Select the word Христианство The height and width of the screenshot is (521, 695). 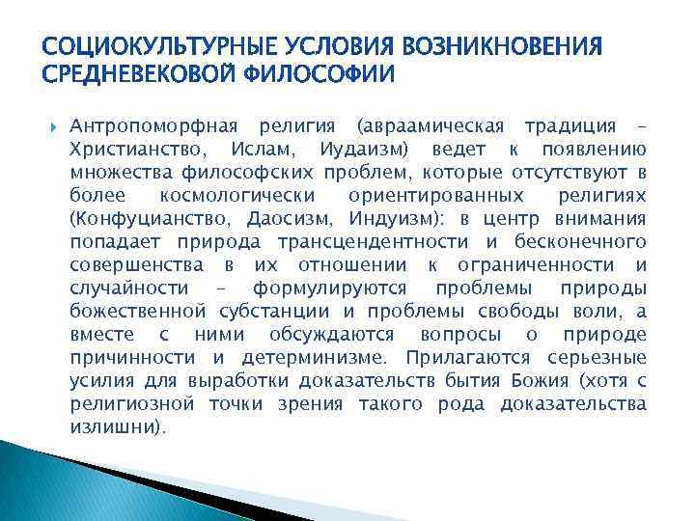click(138, 151)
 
